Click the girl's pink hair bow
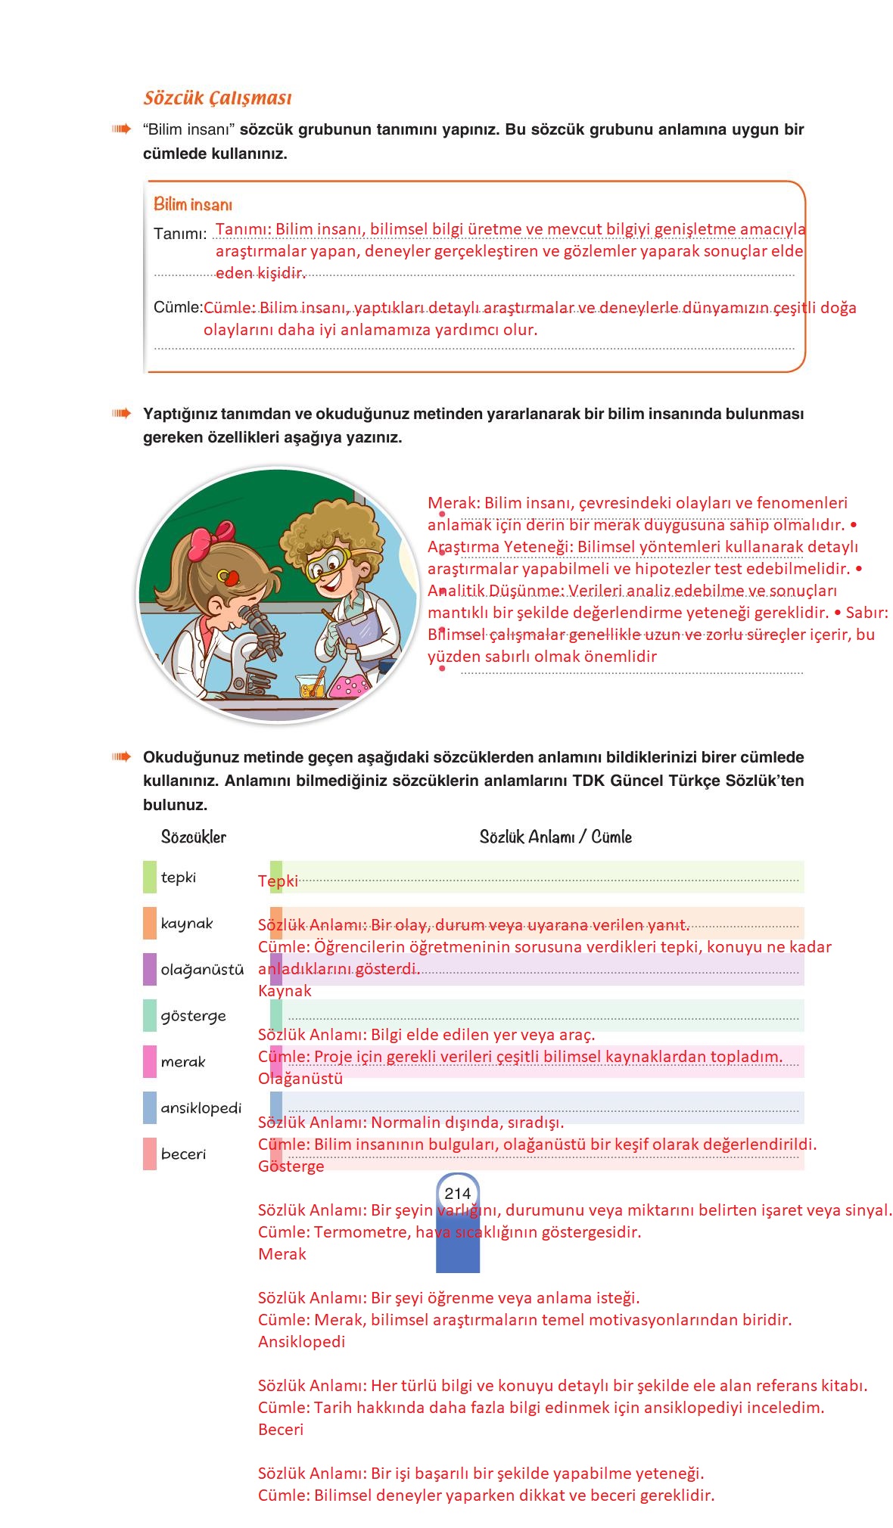[x=206, y=539]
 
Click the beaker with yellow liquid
[x=310, y=685]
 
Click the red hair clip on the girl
[x=229, y=578]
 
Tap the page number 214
[x=457, y=1193]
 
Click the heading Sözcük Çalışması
[x=217, y=98]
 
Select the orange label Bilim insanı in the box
[x=193, y=204]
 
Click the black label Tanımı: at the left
[x=180, y=233]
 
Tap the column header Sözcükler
[x=193, y=837]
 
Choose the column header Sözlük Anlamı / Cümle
[x=555, y=837]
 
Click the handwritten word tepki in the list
[x=178, y=877]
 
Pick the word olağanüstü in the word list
[x=202, y=970]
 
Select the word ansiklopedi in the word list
[x=201, y=1108]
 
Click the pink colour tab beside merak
[x=150, y=1061]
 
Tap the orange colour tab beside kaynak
[x=150, y=924]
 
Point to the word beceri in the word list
[x=183, y=1154]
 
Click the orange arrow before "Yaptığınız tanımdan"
[x=121, y=414]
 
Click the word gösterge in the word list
[x=193, y=1016]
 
